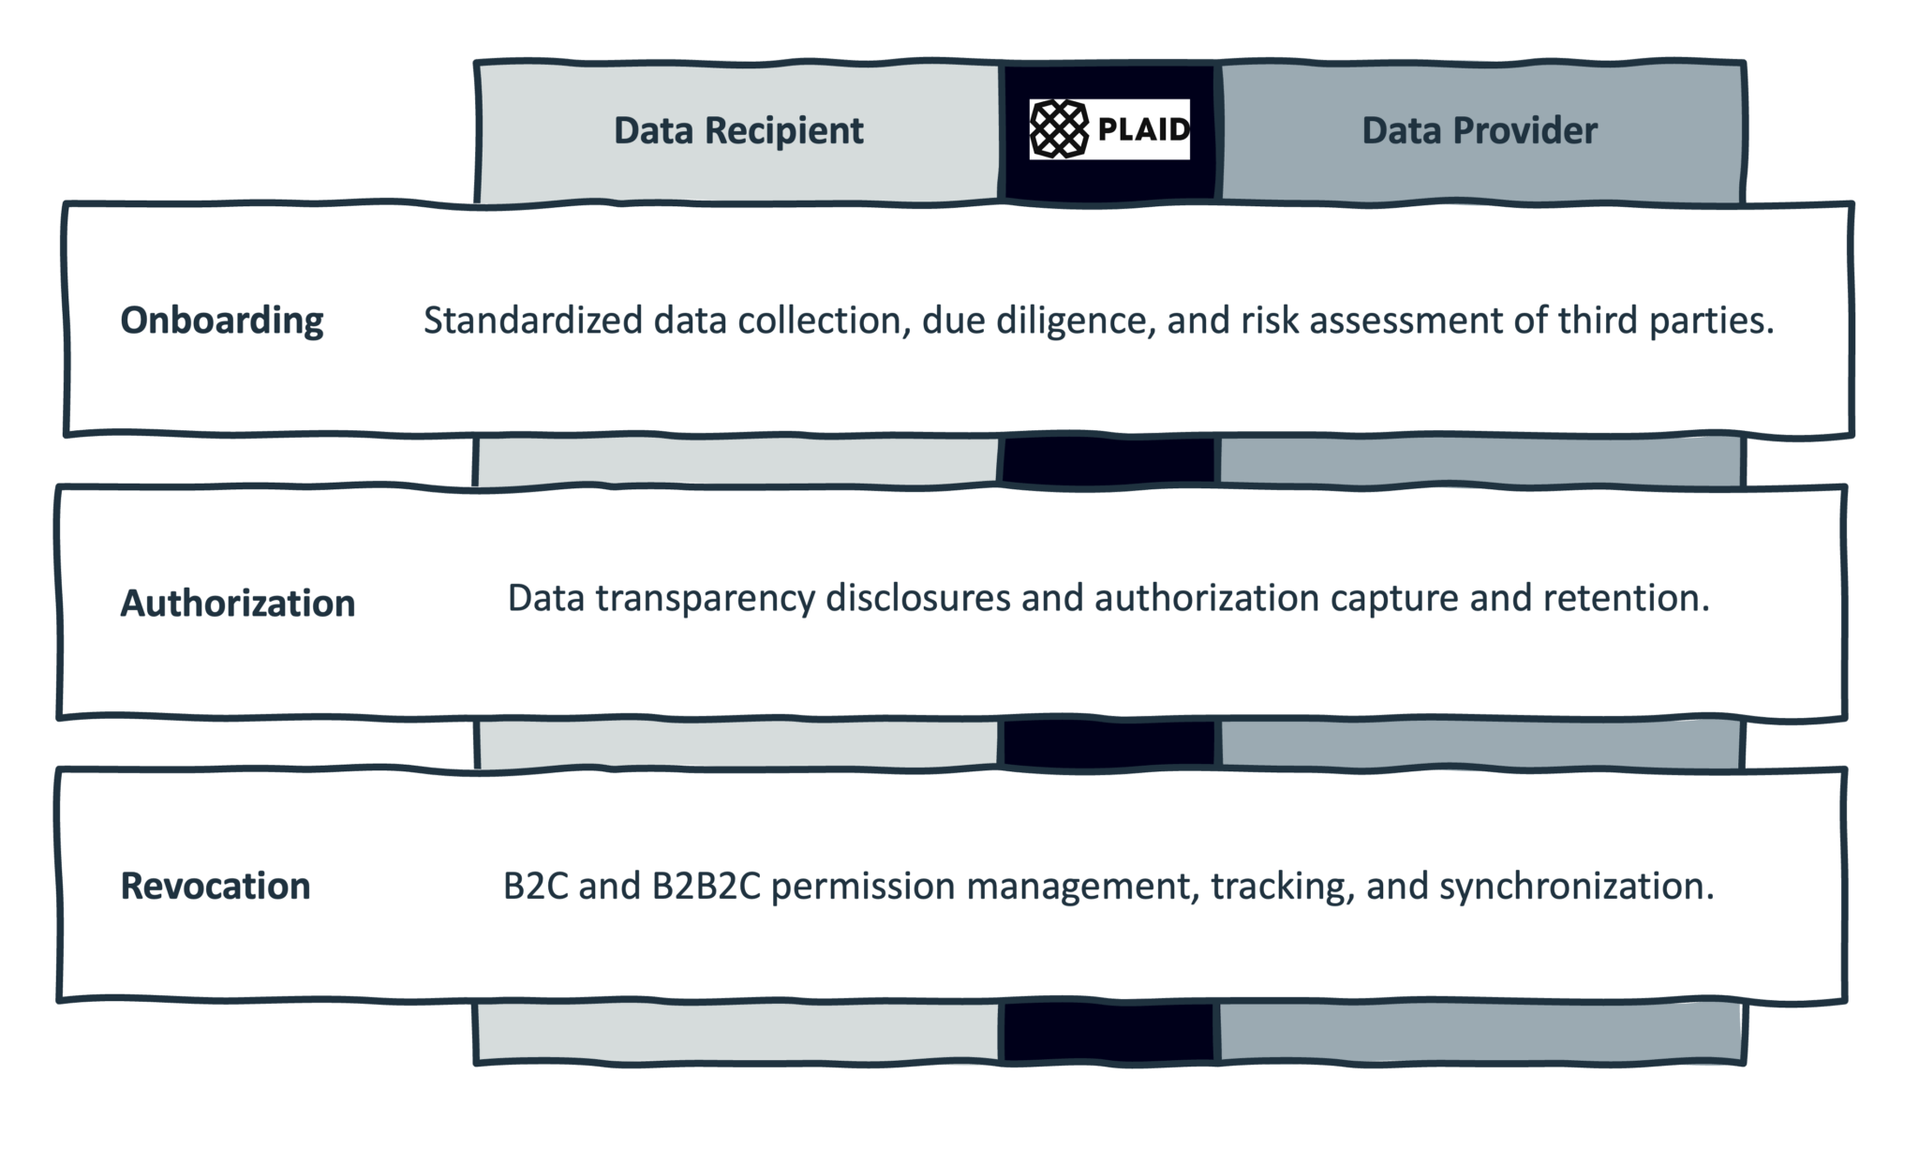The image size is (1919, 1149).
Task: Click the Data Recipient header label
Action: pyautogui.click(x=738, y=130)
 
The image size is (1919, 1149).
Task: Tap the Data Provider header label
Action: pyautogui.click(x=1479, y=130)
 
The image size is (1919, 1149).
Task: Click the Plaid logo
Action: pyautogui.click(x=1109, y=129)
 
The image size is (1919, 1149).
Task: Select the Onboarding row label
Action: pyautogui.click(x=222, y=321)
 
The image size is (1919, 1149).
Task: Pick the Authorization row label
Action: pyautogui.click(x=238, y=603)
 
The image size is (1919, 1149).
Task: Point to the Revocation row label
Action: pyautogui.click(x=216, y=886)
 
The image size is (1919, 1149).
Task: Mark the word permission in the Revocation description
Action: pyautogui.click(x=863, y=886)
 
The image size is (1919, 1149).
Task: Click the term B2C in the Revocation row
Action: pyautogui.click(x=535, y=886)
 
